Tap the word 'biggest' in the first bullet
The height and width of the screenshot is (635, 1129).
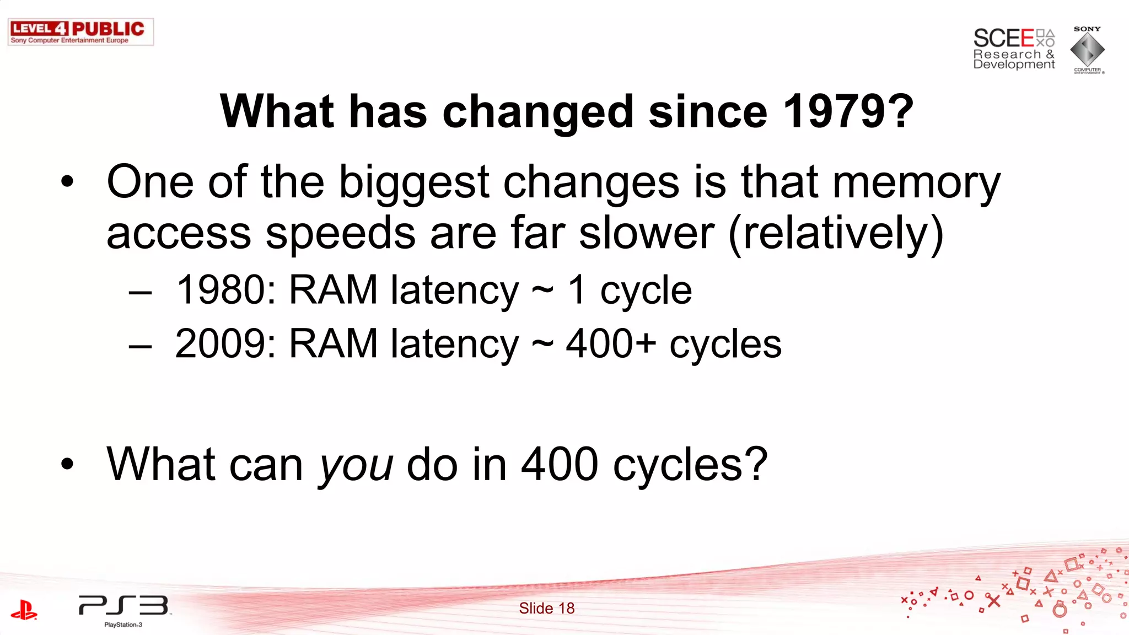click(x=413, y=184)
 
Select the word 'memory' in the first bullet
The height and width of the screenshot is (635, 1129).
click(x=916, y=184)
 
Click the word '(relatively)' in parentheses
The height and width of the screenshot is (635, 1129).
click(x=836, y=234)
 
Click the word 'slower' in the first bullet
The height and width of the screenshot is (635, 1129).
click(x=647, y=233)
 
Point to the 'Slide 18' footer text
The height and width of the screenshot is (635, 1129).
click(x=546, y=609)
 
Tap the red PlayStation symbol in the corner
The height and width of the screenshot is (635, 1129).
click(x=24, y=610)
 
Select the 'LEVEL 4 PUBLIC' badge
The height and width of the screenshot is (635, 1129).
click(x=80, y=31)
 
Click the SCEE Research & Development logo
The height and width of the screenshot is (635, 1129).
click(x=1014, y=49)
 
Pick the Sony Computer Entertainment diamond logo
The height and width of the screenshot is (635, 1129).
click(x=1087, y=50)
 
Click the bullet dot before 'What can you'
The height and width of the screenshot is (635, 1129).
click(x=67, y=464)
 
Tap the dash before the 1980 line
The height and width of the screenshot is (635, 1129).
click(x=140, y=293)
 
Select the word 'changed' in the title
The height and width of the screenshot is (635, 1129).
click(x=537, y=112)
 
